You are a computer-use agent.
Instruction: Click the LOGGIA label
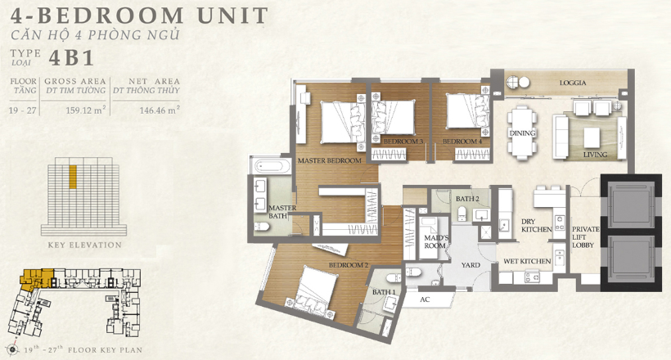pos(573,83)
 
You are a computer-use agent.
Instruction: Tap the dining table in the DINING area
pos(522,133)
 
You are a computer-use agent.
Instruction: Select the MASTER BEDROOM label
pos(330,160)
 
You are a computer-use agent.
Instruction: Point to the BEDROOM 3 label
pos(403,142)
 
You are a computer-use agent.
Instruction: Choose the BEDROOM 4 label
pos(462,142)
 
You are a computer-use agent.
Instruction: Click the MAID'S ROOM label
pos(436,242)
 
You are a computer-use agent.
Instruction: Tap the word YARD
pos(471,265)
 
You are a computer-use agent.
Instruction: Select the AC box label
pos(425,299)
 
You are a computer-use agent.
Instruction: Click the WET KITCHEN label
pos(527,261)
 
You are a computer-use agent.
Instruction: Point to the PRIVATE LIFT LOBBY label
pos(585,237)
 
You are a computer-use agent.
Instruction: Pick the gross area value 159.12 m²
pos(86,110)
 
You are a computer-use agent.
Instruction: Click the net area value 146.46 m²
pos(160,110)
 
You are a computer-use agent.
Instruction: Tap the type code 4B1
pos(71,58)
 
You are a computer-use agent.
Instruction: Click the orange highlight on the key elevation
pos(73,177)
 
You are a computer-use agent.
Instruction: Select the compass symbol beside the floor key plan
pos(12,349)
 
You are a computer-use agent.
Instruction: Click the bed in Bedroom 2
pos(313,292)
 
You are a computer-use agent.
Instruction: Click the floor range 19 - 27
pos(22,110)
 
